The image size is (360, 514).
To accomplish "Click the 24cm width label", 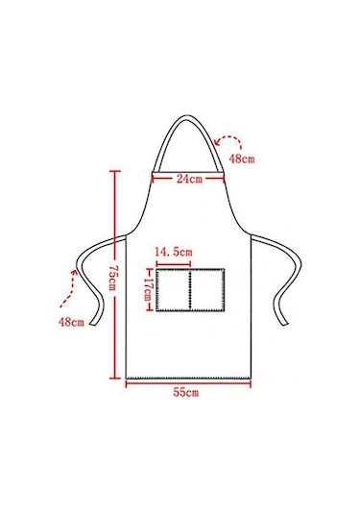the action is [x=189, y=179].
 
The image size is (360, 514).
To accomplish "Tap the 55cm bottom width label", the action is [x=185, y=392].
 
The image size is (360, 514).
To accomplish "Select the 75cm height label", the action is [x=111, y=278].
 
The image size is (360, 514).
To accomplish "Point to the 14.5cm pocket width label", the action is [x=174, y=252].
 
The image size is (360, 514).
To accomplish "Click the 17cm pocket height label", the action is [x=148, y=290].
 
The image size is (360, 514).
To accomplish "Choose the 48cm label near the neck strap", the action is [x=241, y=159].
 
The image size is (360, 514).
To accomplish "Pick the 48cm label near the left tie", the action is [x=71, y=322].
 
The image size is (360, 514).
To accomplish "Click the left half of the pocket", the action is [x=173, y=290].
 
